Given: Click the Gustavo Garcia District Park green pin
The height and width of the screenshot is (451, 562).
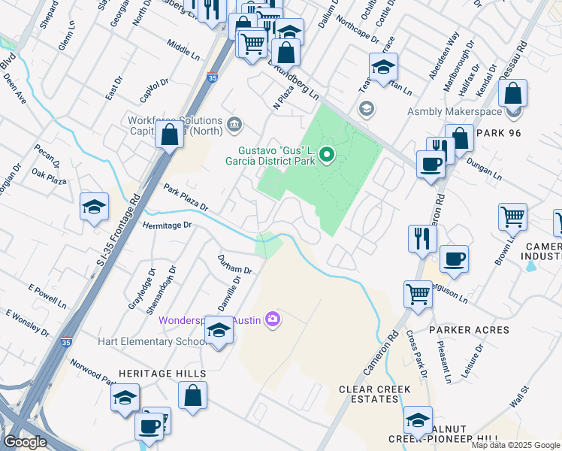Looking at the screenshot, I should (x=327, y=156).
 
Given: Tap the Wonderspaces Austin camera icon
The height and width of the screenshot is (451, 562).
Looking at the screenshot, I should (x=272, y=320).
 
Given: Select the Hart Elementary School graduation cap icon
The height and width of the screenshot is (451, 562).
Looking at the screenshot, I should (x=219, y=331).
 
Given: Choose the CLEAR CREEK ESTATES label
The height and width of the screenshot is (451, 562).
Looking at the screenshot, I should (x=374, y=394).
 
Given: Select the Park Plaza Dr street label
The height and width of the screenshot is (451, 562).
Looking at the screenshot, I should (x=186, y=197).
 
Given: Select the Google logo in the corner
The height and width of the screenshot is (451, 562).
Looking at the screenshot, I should (x=25, y=442).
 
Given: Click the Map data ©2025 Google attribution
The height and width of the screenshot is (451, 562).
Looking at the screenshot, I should (x=515, y=445).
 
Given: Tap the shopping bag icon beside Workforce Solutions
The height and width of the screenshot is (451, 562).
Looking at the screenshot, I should (x=170, y=136).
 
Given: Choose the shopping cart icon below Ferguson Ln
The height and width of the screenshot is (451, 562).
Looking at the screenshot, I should (x=418, y=294).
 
